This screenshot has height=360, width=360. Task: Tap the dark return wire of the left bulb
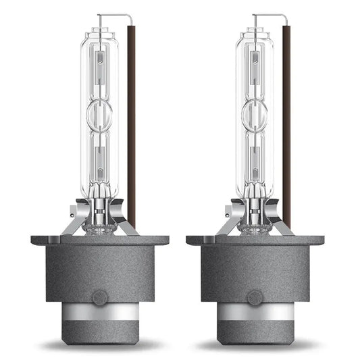click(x=131, y=122)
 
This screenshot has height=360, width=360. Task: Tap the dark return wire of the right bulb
click(x=286, y=122)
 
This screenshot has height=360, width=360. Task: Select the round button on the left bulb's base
click(x=99, y=297)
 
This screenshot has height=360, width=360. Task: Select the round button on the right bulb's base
click(x=255, y=297)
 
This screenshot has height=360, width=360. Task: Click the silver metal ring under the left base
click(x=99, y=313)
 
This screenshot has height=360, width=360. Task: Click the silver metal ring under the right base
click(x=255, y=313)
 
